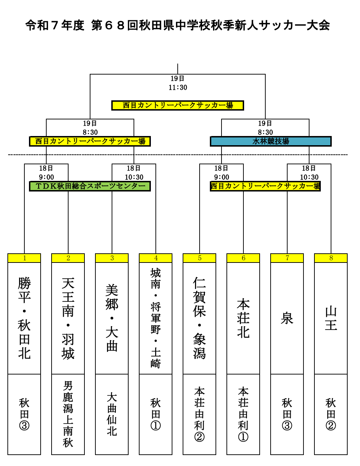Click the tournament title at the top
click(178, 25)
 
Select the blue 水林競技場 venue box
click(271, 141)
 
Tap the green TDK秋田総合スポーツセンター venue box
click(90, 186)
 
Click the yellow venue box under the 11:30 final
click(178, 105)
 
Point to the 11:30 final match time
click(178, 87)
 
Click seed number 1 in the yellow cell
click(24, 258)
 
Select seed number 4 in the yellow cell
click(156, 258)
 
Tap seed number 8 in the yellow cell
click(331, 258)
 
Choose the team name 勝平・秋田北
click(24, 318)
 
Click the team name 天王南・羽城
click(68, 318)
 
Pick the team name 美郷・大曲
click(112, 318)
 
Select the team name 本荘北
click(243, 318)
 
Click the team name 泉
click(287, 318)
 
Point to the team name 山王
click(331, 318)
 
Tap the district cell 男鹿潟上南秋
click(68, 414)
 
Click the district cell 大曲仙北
click(112, 414)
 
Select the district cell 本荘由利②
click(200, 414)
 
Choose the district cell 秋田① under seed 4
click(156, 414)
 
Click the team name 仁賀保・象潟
click(200, 318)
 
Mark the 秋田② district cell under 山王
click(331, 414)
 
